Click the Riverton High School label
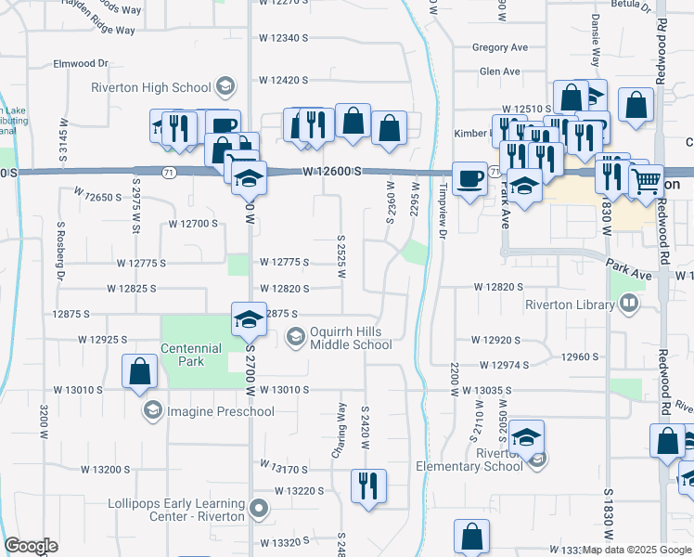151,88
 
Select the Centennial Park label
190,355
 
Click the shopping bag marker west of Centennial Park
139,371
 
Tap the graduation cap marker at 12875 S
248,319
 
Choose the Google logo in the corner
31,546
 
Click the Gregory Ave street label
499,47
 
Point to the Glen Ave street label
500,71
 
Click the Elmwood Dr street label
81,64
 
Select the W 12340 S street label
283,38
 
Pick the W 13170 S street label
283,467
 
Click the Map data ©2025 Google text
636,550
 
